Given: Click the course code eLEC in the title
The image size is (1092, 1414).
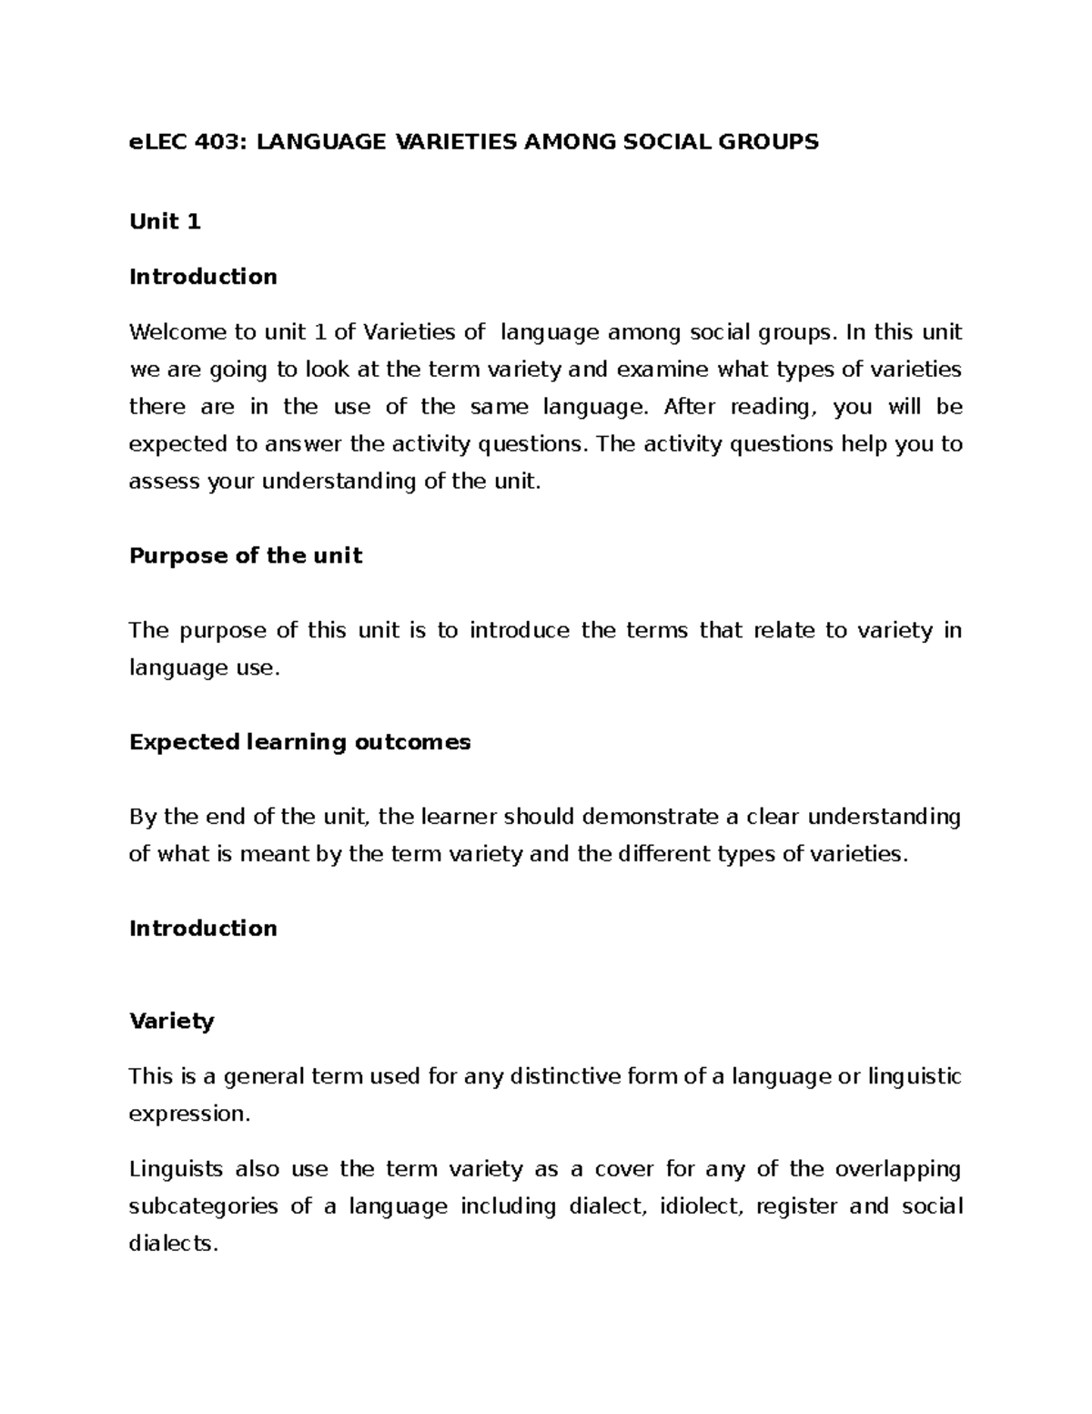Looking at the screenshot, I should click(x=157, y=141).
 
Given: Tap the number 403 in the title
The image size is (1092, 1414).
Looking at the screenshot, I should click(x=218, y=141).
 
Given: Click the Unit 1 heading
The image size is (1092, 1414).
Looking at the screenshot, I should click(x=165, y=221).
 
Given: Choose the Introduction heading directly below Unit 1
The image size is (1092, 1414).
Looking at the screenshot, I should click(x=203, y=276).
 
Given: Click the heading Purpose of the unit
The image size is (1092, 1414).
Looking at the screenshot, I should click(x=246, y=555).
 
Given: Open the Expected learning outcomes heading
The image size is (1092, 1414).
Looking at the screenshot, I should click(x=299, y=742).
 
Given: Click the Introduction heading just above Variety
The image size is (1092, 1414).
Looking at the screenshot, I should click(x=203, y=928).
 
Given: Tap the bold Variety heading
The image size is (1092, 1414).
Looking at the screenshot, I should click(x=171, y=1021).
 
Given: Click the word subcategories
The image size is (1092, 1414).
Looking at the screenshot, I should click(x=204, y=1206).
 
